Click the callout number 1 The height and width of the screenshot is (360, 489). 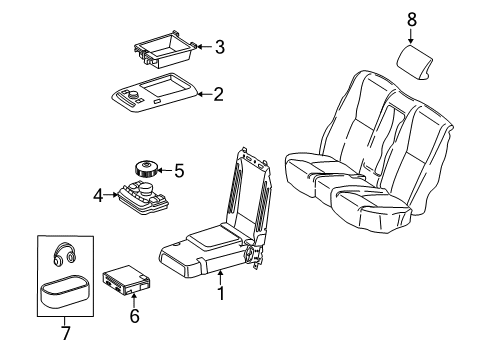[x=221, y=293]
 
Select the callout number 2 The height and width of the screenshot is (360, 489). [x=218, y=94]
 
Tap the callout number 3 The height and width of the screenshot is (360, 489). [x=220, y=47]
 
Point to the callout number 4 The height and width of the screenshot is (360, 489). [x=98, y=195]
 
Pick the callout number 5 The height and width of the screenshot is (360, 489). [x=179, y=171]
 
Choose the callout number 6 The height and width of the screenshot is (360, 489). [x=134, y=316]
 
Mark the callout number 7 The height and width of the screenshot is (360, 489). [x=66, y=333]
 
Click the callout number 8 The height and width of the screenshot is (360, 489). [x=412, y=19]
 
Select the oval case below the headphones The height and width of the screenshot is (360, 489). [x=65, y=290]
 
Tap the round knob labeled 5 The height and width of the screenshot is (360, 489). [x=146, y=169]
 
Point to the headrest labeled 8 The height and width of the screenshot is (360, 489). [x=414, y=63]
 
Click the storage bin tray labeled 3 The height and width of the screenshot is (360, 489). [x=164, y=49]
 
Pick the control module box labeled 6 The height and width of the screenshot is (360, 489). [x=126, y=280]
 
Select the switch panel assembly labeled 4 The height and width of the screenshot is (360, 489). [x=142, y=197]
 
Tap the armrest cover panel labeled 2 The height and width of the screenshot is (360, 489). [x=154, y=92]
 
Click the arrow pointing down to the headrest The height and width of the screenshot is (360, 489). [x=411, y=36]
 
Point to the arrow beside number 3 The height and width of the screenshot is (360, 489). [x=204, y=47]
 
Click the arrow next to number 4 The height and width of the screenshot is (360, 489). [x=110, y=195]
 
